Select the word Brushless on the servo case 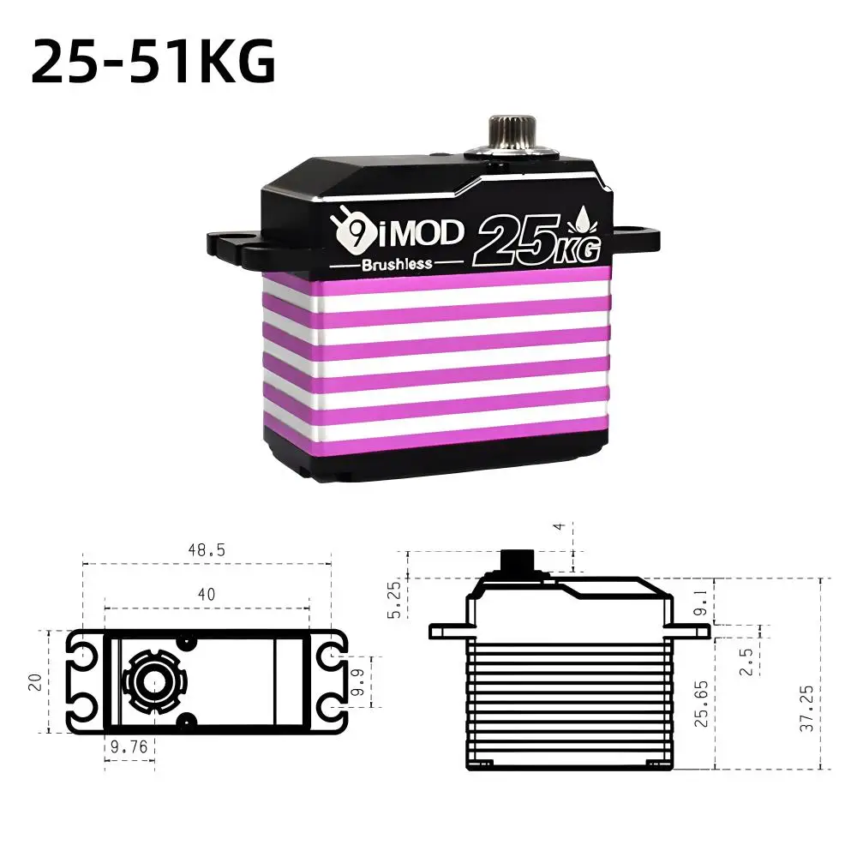[396, 264]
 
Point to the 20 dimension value [33, 681]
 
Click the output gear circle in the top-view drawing [154, 682]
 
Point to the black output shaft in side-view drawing [517, 561]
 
